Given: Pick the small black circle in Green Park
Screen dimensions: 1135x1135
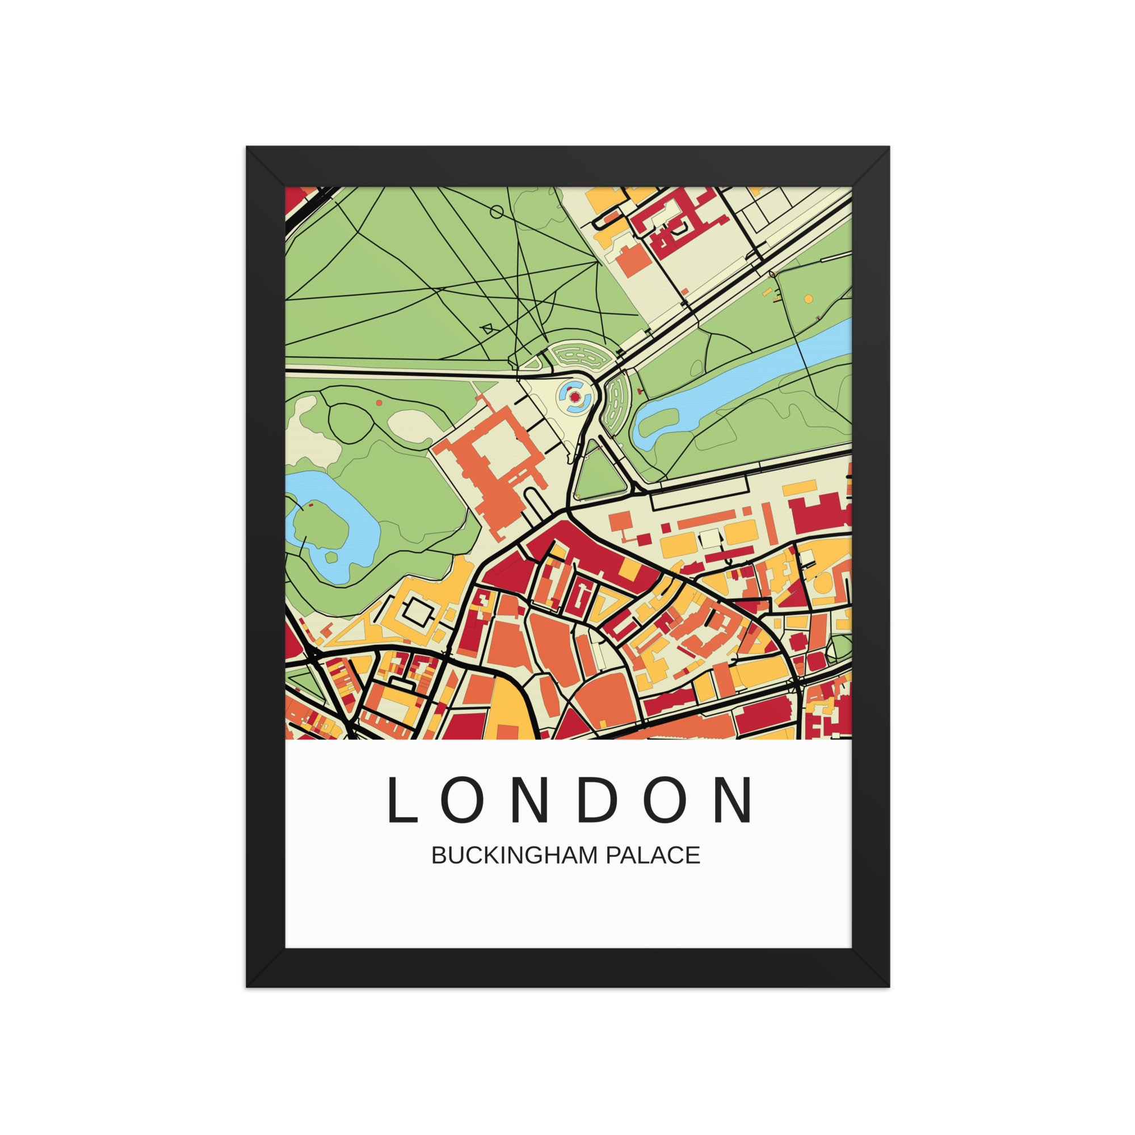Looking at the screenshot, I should click(497, 212).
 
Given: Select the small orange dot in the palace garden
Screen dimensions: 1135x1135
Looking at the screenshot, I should click(379, 403).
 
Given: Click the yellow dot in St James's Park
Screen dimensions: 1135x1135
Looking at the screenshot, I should click(808, 299).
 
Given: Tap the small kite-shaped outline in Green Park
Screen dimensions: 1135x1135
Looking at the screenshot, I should click(487, 329).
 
